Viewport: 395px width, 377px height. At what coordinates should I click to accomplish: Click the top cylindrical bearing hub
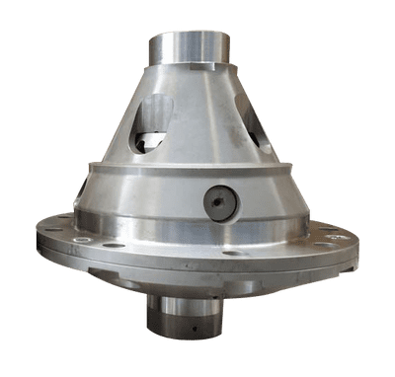point(189,49)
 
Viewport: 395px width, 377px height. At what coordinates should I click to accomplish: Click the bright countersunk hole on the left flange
point(114,244)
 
